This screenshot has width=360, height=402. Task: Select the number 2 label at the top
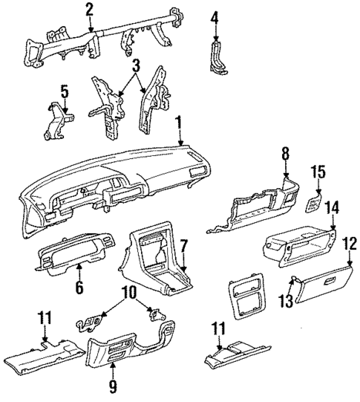tap(89, 10)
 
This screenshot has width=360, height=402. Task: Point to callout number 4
tap(215, 16)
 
